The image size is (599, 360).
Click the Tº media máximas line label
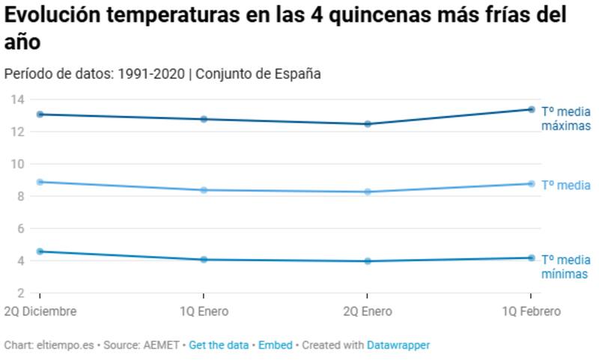tap(566, 119)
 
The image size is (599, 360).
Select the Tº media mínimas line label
tap(565, 266)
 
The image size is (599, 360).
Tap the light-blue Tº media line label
tap(566, 186)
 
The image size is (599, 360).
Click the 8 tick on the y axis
tap(20, 196)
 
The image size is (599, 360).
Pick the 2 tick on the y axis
tap(20, 293)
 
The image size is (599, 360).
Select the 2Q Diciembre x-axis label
tap(40, 311)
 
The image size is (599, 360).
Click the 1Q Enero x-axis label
tap(203, 311)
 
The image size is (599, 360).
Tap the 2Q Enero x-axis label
tap(366, 311)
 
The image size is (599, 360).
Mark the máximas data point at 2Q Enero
tap(367, 123)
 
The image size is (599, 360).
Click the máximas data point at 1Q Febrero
tap(531, 109)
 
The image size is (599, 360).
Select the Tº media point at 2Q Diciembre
tap(40, 182)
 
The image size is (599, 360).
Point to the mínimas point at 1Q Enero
tap(204, 260)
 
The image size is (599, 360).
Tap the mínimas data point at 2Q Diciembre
tap(40, 251)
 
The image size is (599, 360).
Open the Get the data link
tap(219, 345)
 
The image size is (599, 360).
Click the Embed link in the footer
tap(276, 345)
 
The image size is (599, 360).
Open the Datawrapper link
tap(398, 345)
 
